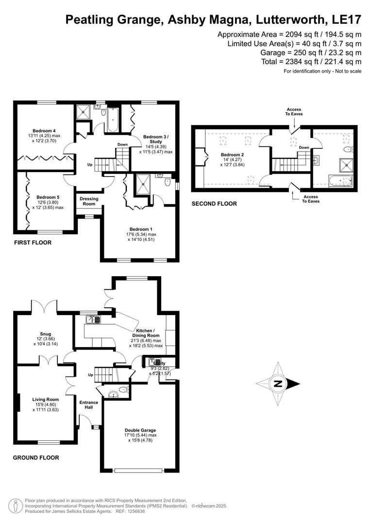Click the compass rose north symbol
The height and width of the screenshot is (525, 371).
(278, 384)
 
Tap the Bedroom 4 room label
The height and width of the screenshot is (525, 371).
(44, 130)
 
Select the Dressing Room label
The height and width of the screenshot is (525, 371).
(89, 201)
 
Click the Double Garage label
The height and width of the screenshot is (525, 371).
(140, 430)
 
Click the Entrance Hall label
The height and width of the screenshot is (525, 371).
(89, 405)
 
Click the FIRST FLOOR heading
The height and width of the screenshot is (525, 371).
(33, 243)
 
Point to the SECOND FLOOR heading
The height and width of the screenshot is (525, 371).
(214, 204)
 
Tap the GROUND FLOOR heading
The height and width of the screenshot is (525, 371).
(36, 457)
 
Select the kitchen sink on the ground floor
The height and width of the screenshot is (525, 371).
(93, 319)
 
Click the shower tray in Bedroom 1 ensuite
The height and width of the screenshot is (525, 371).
(144, 183)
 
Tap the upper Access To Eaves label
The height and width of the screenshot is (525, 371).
(294, 112)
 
